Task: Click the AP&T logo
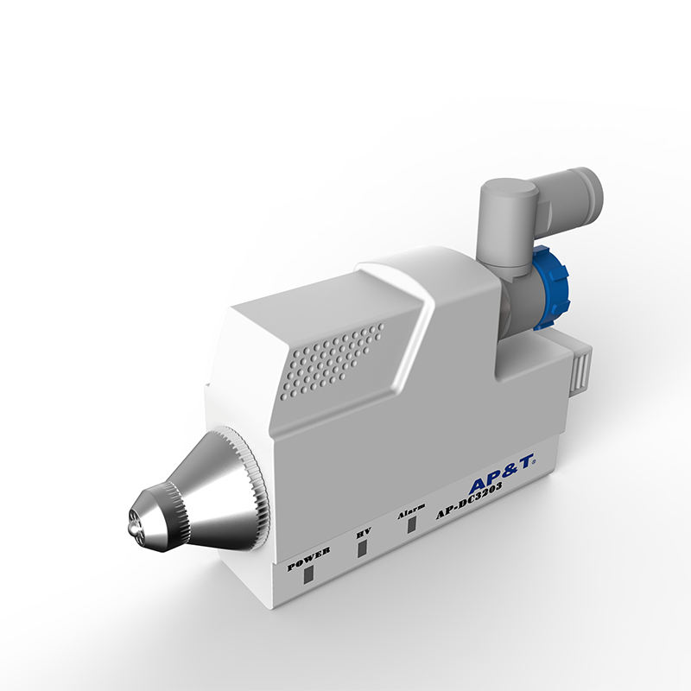click(501, 472)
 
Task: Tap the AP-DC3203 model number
click(469, 500)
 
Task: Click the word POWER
click(308, 559)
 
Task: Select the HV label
click(364, 533)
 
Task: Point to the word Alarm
click(411, 510)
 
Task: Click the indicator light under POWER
click(309, 576)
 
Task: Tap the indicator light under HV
click(362, 548)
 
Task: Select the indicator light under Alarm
click(412, 523)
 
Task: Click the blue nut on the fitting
click(551, 288)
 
